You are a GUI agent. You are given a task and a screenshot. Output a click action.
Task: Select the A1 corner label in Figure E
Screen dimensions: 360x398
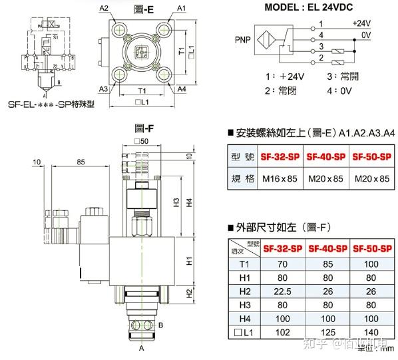tap(182, 8)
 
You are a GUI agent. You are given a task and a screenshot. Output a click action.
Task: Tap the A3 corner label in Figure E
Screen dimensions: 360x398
tap(104, 88)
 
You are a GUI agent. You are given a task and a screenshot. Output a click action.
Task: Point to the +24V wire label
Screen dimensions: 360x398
tap(361, 23)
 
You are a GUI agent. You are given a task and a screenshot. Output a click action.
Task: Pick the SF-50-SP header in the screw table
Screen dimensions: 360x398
tap(370, 158)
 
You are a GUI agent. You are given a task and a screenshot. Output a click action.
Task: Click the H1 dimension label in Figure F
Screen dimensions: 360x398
tap(190, 262)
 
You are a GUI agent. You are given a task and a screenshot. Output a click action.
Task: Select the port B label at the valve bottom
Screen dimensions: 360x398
tap(161, 324)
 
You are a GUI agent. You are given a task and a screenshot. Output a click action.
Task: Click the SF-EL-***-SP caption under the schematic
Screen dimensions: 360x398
tap(50, 104)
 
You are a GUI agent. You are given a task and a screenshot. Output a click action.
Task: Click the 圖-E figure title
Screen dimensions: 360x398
tap(143, 9)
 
